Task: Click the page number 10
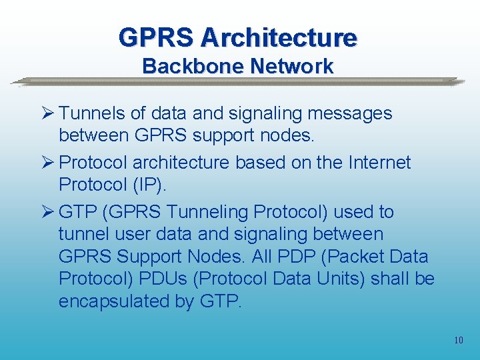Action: (x=458, y=341)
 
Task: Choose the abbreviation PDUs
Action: (x=165, y=279)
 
